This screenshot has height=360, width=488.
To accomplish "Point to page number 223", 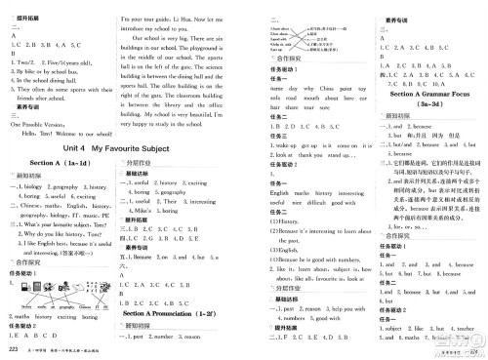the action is pos(12,348).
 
